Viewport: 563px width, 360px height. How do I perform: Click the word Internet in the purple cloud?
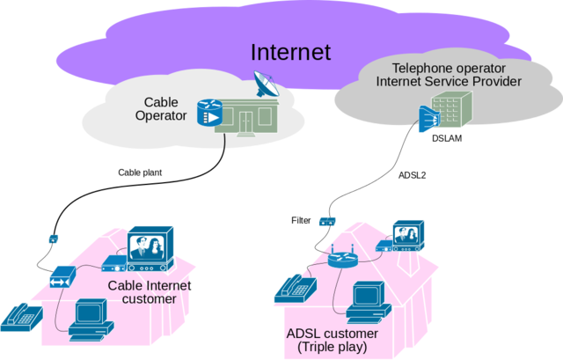pos(290,52)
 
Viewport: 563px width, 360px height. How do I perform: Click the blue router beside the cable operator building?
pos(209,114)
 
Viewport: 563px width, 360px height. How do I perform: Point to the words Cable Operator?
pos(161,108)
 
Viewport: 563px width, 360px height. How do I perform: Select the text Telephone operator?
pos(449,68)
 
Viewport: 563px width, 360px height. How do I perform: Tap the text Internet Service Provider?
pos(449,82)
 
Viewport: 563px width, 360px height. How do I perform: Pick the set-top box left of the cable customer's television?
pos(113,262)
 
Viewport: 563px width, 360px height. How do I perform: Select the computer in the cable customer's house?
pos(88,320)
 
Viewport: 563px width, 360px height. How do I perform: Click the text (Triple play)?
pos(333,348)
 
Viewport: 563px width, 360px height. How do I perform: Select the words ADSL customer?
pos(333,334)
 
